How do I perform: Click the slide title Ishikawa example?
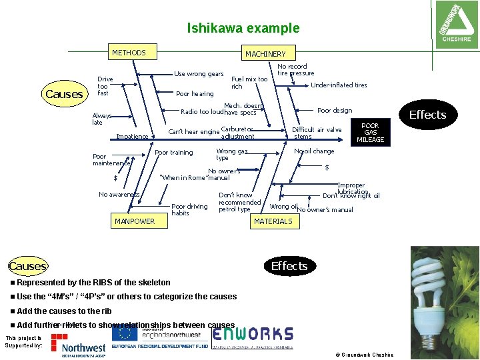point(243,29)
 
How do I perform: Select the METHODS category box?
point(129,52)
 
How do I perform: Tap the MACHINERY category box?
point(265,53)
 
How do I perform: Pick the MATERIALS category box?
point(273,221)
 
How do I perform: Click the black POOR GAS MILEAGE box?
point(370,133)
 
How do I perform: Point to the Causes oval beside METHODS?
point(64,94)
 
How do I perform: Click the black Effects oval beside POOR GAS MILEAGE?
point(427,115)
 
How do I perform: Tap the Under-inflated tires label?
point(339,85)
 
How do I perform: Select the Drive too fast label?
point(105,85)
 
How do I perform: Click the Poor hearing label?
point(195,94)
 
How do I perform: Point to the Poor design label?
point(334,111)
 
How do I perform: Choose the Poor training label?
point(173,153)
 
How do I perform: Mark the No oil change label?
point(314,151)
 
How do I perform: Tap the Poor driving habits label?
point(189,210)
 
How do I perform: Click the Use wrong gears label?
point(199,74)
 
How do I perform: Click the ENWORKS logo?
point(252,334)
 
